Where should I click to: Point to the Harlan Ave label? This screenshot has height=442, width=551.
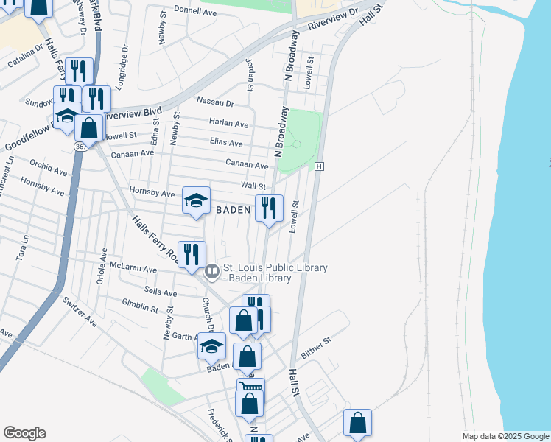[228, 123]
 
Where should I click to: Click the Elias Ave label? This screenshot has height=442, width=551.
[225, 143]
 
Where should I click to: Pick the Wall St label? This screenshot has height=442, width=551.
[253, 186]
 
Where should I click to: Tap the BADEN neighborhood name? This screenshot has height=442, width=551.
[234, 210]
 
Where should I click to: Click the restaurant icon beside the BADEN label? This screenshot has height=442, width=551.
[269, 208]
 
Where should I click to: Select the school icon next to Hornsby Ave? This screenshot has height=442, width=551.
[196, 200]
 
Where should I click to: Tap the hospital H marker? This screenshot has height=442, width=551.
[319, 167]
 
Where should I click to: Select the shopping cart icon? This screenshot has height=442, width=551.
[250, 388]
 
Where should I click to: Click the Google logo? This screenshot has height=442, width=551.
[24, 433]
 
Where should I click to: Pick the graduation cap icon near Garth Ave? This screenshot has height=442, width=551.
[211, 345]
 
